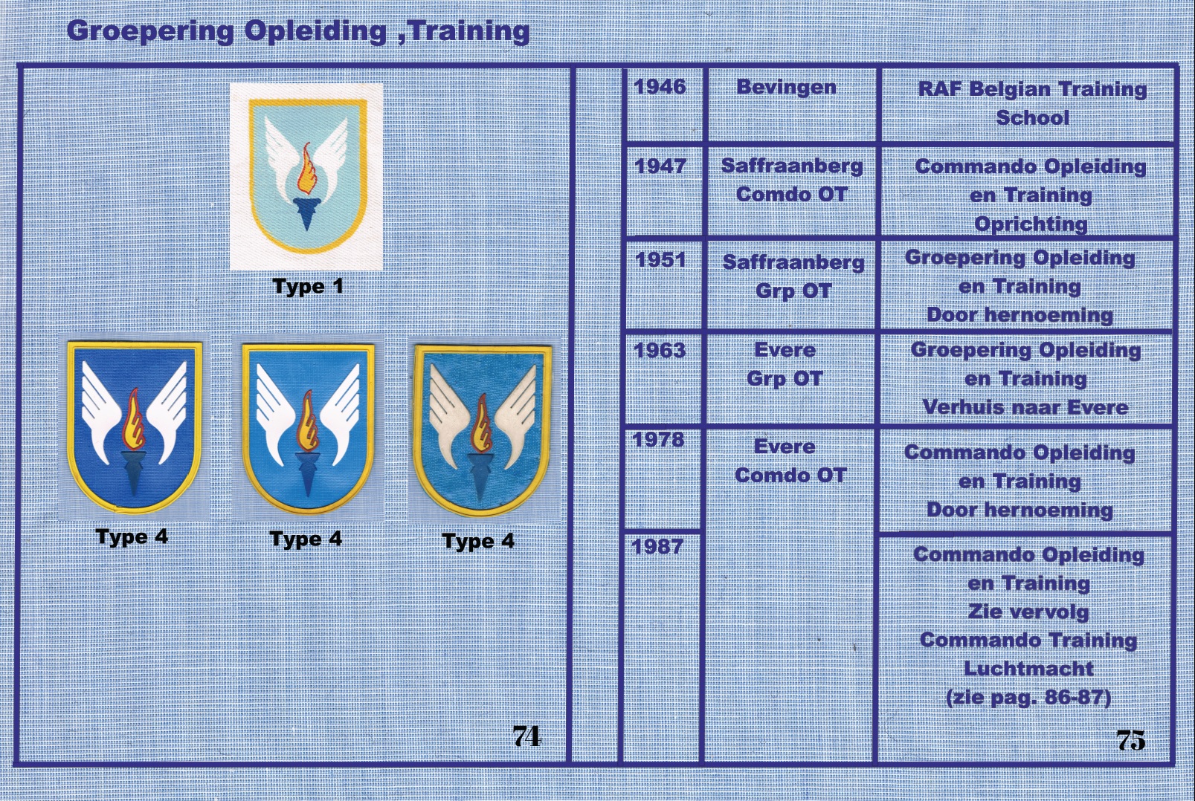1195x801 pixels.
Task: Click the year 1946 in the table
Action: pos(660,86)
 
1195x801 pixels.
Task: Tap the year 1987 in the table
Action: pos(657,546)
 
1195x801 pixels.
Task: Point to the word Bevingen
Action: pos(786,88)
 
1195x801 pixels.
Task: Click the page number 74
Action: pos(526,736)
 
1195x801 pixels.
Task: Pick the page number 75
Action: pos(1131,740)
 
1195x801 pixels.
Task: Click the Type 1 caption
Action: pos(308,287)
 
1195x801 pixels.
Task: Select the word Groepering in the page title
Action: pos(150,31)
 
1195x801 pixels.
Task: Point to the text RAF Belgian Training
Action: pos(1032,89)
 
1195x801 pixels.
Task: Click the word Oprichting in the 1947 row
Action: pos(1031,224)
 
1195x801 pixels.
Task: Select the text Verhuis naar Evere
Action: pos(1025,408)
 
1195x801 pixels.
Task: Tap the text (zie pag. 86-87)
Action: pos(1028,698)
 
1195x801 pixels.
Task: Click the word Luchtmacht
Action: pos(1028,668)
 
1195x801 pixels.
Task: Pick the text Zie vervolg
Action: pos(1028,612)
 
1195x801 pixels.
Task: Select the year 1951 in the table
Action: pos(660,259)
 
